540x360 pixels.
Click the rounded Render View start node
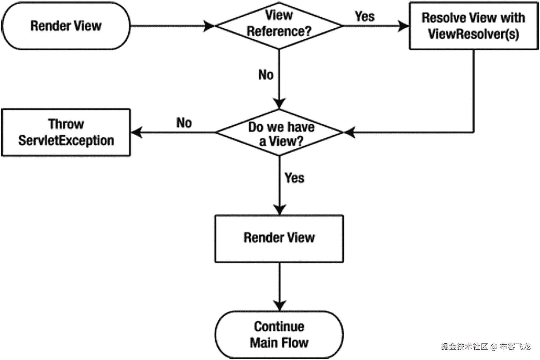[66, 26]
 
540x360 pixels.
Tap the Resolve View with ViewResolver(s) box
[473, 26]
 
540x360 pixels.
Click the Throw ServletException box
[66, 132]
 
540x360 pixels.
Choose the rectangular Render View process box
[279, 238]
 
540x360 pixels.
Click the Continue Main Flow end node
[279, 335]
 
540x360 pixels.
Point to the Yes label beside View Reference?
[364, 16]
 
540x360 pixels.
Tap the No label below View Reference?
[266, 75]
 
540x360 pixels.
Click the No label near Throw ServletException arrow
[184, 123]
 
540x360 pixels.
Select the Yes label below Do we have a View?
[294, 178]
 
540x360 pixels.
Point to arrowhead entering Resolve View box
[404, 26]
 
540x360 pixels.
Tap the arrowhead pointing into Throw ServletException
[136, 132]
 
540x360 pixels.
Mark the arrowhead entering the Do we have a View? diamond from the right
[349, 132]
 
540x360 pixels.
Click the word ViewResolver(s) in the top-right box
[473, 34]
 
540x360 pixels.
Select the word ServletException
[66, 140]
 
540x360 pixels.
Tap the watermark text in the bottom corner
[486, 346]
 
